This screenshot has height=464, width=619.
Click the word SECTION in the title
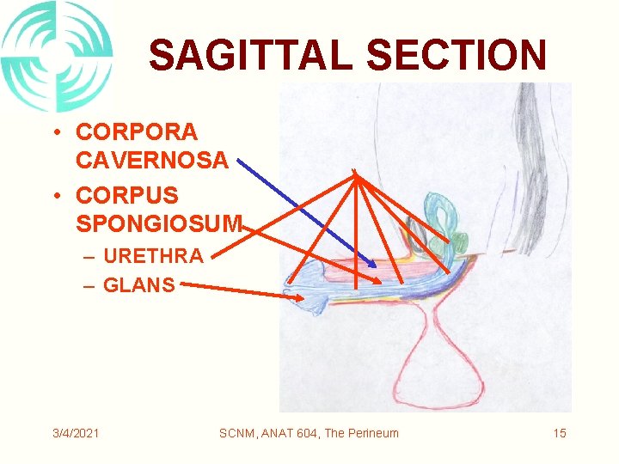point(457,56)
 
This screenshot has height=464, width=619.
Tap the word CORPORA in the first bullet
point(137,132)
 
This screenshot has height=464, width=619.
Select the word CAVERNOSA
point(152,160)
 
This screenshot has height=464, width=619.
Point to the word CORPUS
point(127,197)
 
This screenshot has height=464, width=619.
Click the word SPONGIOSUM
point(160,224)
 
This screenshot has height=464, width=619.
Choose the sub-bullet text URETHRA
point(153,255)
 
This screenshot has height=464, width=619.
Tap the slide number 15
point(560,432)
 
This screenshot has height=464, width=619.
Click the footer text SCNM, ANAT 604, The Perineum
point(309,432)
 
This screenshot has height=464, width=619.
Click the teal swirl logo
point(57,56)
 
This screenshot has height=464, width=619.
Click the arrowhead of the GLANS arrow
point(300,298)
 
